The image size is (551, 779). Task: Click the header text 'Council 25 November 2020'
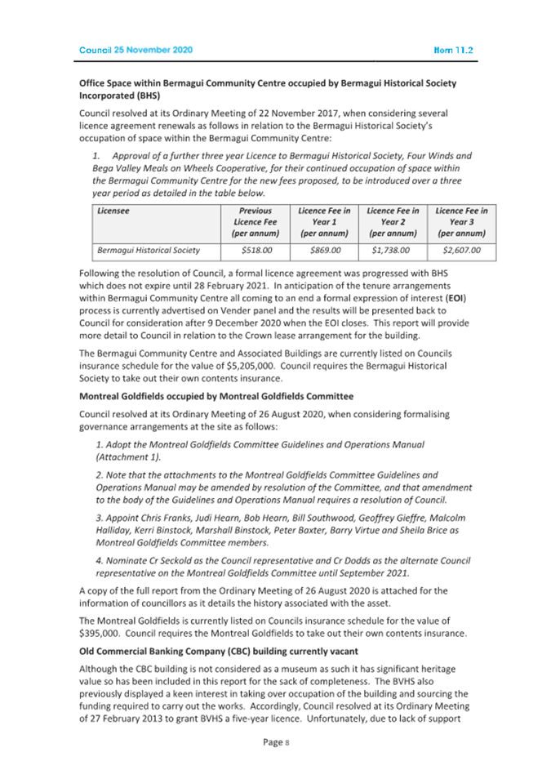136,50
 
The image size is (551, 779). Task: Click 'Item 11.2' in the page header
454,50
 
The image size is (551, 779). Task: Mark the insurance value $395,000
102,634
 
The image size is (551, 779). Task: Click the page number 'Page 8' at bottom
274,742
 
